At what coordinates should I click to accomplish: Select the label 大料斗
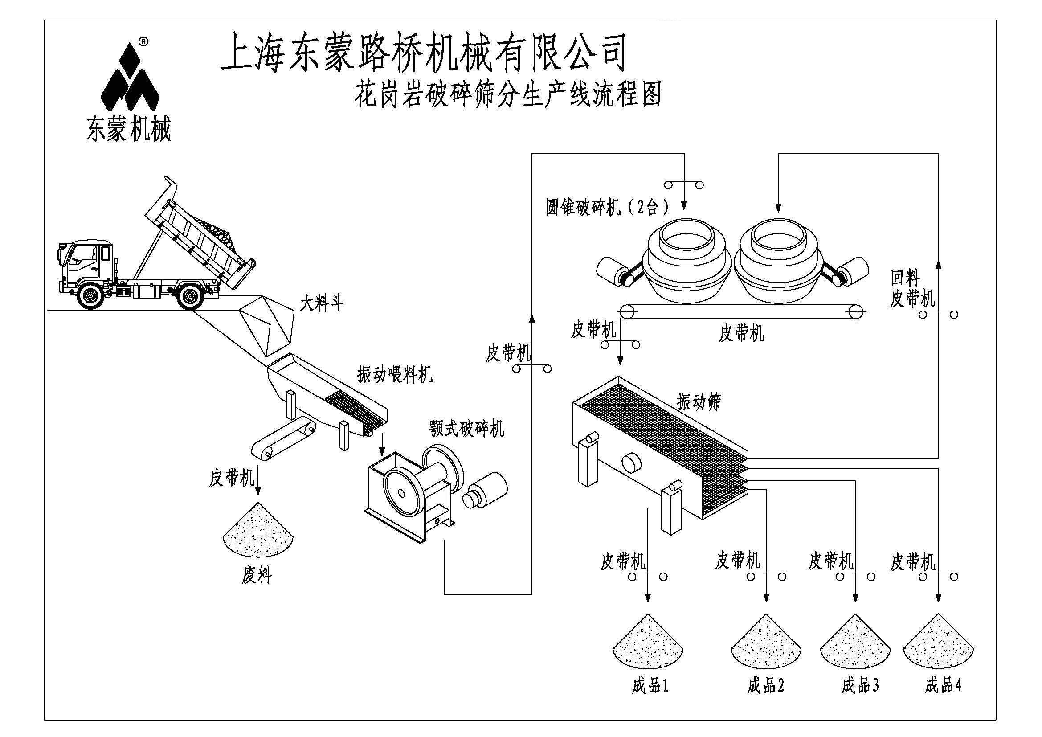click(x=321, y=303)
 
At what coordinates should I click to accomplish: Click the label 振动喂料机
click(x=394, y=375)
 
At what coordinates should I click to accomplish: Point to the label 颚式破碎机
click(x=466, y=428)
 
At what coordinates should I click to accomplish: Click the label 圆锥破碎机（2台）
click(x=607, y=207)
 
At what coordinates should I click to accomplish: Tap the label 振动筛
click(x=699, y=401)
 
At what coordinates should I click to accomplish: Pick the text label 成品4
click(x=943, y=685)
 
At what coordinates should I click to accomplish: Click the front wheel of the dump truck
click(x=91, y=296)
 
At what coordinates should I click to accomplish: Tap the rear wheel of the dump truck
click(x=189, y=296)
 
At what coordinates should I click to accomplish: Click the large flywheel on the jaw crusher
click(x=401, y=493)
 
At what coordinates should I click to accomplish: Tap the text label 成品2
click(x=766, y=685)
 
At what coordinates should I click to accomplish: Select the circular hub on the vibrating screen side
click(x=631, y=463)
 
